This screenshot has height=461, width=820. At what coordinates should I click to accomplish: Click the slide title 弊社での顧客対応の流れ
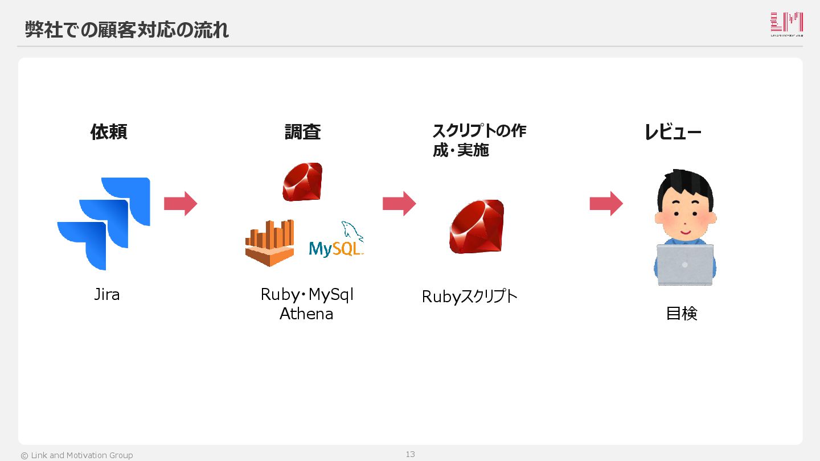(x=126, y=30)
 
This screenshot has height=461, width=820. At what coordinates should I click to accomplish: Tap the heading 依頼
(x=108, y=132)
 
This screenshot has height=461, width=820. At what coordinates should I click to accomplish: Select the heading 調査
(x=302, y=132)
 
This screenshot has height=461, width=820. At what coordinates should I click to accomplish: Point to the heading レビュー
(x=673, y=133)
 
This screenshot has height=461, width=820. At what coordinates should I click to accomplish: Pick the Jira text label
(x=107, y=295)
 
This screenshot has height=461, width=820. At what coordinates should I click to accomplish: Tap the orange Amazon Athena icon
(x=270, y=243)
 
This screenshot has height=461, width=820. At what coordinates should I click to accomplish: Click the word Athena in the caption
(x=306, y=314)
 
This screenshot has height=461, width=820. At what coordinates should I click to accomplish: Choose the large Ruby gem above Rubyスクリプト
(x=477, y=227)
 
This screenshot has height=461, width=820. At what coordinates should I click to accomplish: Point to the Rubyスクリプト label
(x=470, y=297)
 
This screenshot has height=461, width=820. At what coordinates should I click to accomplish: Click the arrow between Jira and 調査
(x=181, y=204)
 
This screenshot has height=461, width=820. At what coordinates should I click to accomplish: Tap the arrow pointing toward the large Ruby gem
(x=399, y=204)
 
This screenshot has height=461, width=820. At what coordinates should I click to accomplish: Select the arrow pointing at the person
(x=606, y=204)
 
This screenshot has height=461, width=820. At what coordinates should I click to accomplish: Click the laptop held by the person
(x=685, y=265)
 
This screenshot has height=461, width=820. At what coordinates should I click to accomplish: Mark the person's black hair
(x=685, y=185)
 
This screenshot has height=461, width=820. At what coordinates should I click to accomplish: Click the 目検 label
(x=682, y=314)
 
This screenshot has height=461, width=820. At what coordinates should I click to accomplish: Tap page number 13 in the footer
(x=410, y=454)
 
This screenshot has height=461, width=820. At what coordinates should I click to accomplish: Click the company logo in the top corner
(x=786, y=24)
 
